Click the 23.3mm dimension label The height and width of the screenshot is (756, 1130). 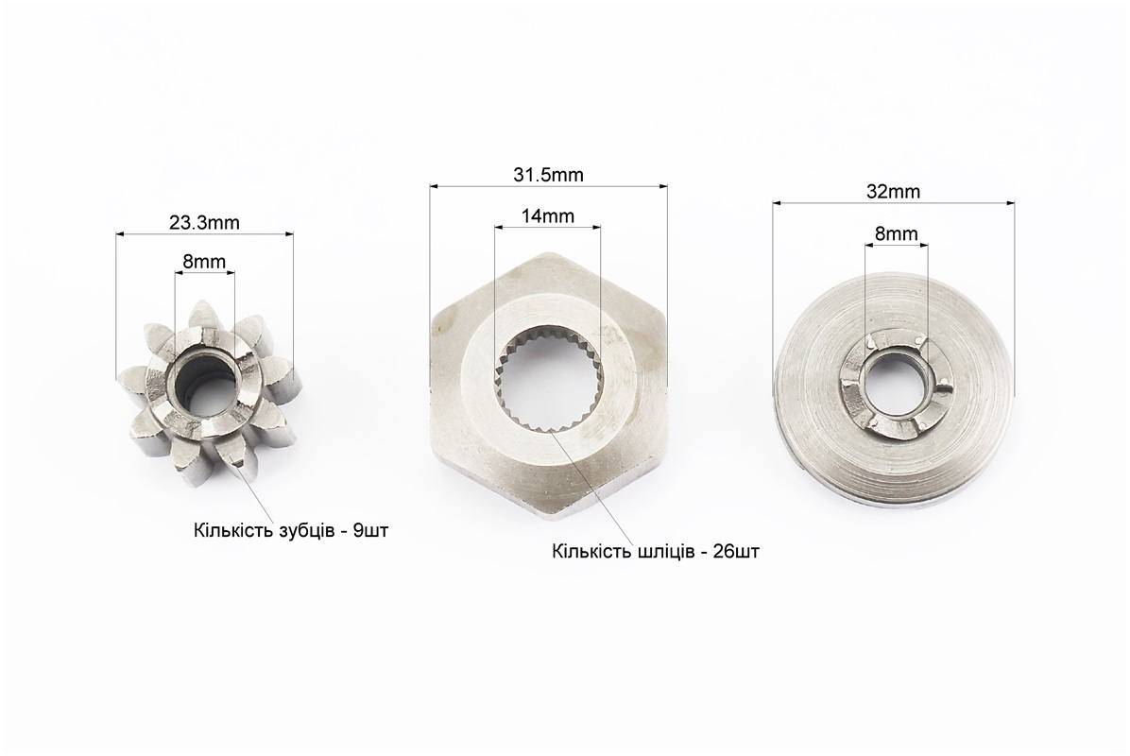point(204,223)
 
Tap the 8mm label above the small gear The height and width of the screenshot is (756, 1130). point(204,261)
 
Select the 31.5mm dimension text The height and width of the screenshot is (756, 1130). point(548,175)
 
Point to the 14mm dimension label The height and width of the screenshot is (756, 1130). point(548,215)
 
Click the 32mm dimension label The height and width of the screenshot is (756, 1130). point(893,192)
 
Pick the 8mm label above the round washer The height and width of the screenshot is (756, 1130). point(897,233)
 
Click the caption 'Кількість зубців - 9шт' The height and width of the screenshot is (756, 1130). point(291,531)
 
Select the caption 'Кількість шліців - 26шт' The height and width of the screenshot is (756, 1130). point(656,552)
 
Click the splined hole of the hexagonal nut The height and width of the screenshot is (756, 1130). point(548,378)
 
